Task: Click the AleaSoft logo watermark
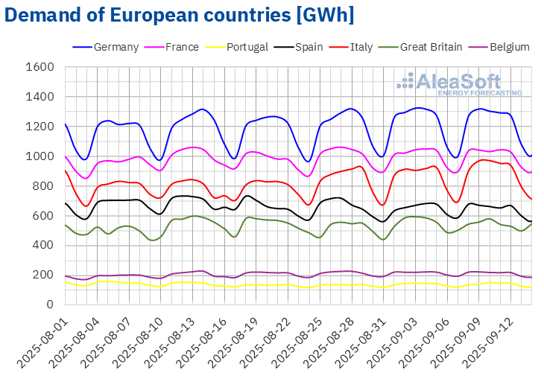coord(458,84)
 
